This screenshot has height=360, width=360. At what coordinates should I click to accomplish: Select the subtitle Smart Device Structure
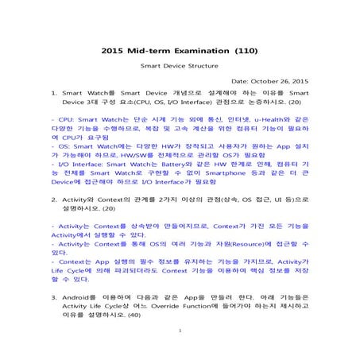coord(180,68)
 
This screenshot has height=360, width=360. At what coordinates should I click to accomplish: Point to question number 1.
coord(53,93)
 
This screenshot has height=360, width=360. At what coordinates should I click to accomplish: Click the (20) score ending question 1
coord(294,103)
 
